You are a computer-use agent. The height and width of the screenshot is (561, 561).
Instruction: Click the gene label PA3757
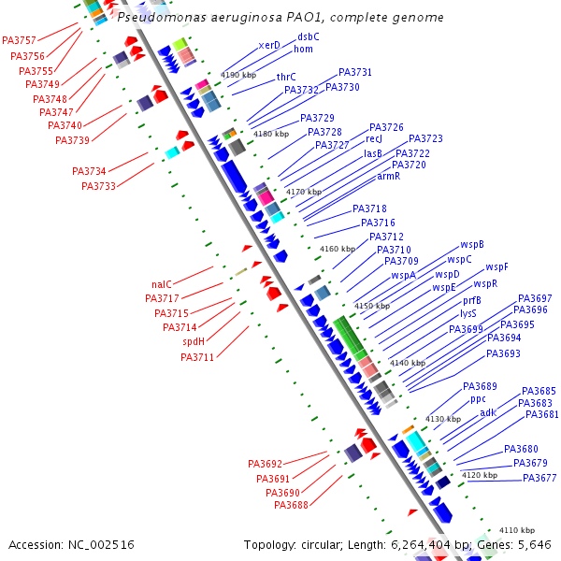pyautogui.click(x=20, y=41)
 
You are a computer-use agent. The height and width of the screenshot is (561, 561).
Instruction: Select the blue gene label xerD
pyautogui.click(x=269, y=45)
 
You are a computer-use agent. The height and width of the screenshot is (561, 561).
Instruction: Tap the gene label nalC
pyautogui.click(x=162, y=284)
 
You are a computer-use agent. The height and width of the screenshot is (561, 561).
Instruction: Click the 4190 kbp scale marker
pyautogui.click(x=238, y=75)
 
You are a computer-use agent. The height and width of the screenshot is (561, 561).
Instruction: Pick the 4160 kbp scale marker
pyautogui.click(x=338, y=249)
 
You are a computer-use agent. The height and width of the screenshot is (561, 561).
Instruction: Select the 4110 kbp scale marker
pyautogui.click(x=516, y=530)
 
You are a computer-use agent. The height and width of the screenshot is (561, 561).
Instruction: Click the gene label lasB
pyautogui.click(x=373, y=153)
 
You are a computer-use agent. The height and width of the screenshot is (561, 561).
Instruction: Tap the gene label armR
pyautogui.click(x=389, y=176)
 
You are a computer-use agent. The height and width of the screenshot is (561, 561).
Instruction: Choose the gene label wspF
pyautogui.click(x=496, y=267)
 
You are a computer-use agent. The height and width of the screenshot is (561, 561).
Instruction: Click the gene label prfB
pyautogui.click(x=472, y=301)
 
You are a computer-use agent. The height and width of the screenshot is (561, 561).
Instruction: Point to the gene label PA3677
pyautogui.click(x=539, y=478)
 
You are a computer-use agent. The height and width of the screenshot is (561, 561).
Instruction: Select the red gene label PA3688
pyautogui.click(x=291, y=505)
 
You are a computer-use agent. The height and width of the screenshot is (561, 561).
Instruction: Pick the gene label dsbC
pyautogui.click(x=309, y=36)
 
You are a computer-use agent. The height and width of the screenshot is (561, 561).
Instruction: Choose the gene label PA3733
pyautogui.click(x=98, y=186)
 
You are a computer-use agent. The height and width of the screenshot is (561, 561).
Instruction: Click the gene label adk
pyautogui.click(x=488, y=412)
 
